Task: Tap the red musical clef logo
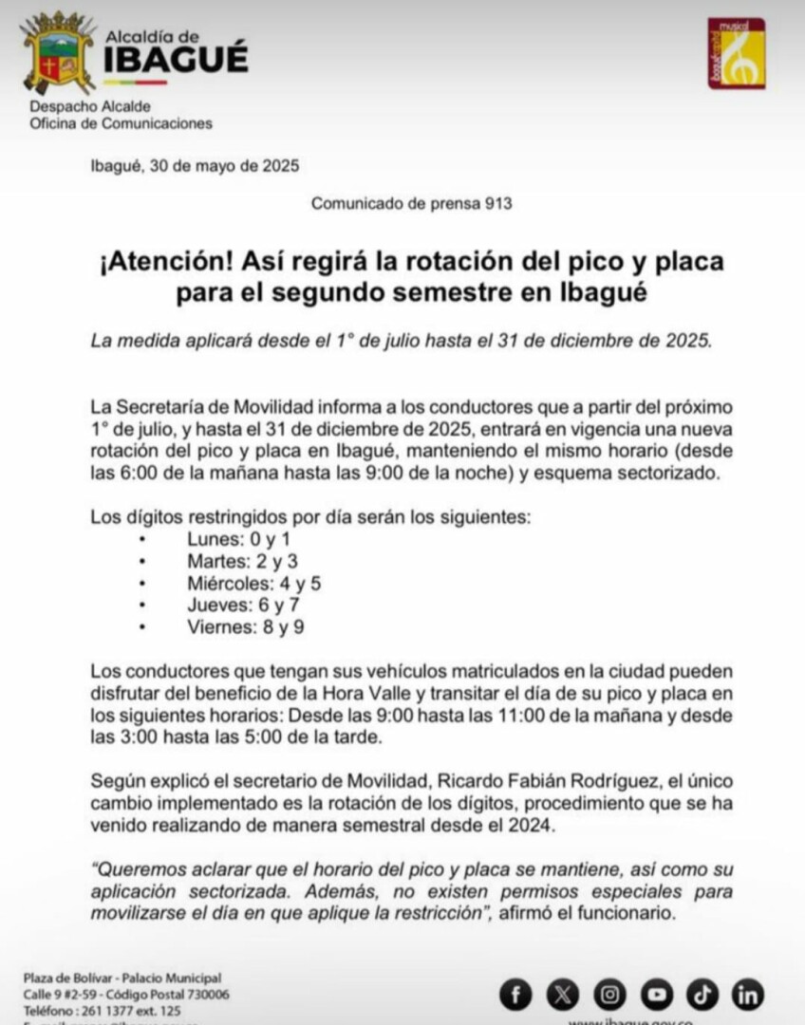[737, 54]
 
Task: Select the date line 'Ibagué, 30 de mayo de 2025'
[195, 165]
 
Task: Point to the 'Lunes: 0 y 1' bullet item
[226, 539]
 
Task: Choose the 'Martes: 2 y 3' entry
[229, 561]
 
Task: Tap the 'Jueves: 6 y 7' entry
[232, 605]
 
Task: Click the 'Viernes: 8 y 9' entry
[232, 626]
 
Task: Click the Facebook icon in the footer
[516, 995]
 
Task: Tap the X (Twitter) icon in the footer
[562, 995]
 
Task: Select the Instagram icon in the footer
[609, 995]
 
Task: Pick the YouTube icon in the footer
[656, 995]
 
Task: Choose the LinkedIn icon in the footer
[748, 995]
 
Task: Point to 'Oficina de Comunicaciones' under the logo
[121, 123]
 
